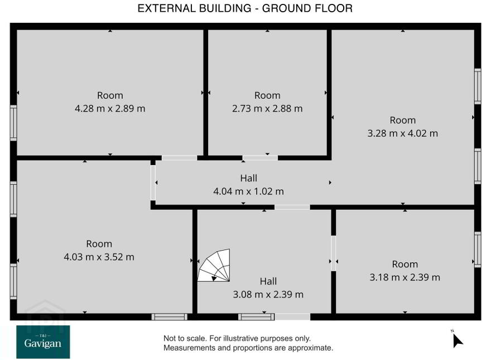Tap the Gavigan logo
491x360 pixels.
coord(43,342)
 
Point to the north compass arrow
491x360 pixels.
coord(458,340)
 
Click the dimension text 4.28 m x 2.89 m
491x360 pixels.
coord(110,109)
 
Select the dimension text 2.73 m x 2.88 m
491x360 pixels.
coord(267,109)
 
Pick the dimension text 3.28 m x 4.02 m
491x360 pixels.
coord(402,133)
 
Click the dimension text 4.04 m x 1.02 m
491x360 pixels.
coord(249,191)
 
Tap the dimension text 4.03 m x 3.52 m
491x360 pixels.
coord(99,257)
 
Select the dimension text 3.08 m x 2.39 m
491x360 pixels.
coord(268,295)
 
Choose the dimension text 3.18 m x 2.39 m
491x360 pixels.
coord(405,277)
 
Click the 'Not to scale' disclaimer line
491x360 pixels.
coord(237,338)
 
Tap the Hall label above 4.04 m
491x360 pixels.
coord(249,178)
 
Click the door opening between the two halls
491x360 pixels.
coord(292,207)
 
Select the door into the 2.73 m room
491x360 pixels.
coord(260,158)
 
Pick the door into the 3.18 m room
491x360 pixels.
coord(334,253)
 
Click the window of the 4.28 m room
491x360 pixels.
coord(13,123)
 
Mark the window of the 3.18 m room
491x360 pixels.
coord(478,249)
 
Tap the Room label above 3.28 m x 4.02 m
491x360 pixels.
coord(403,121)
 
